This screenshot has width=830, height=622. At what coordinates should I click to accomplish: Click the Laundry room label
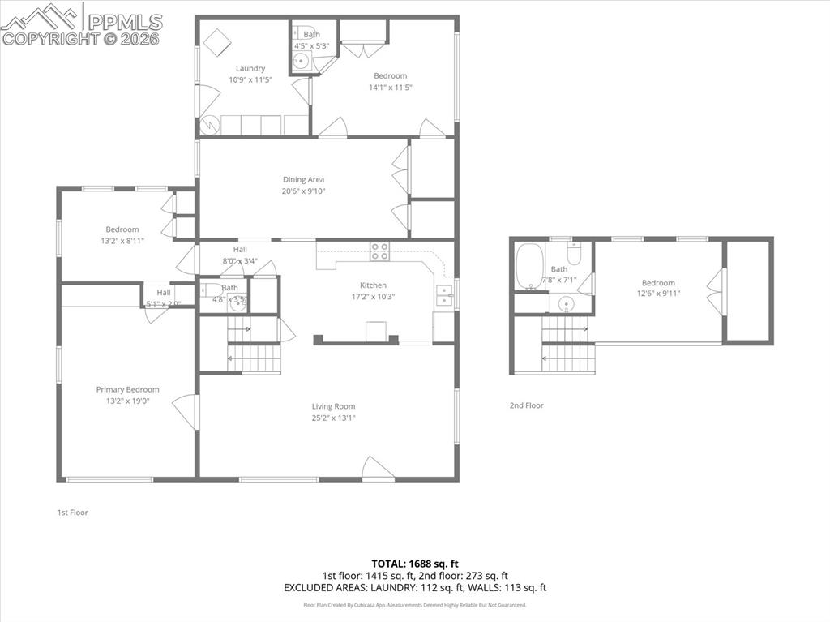[250, 68]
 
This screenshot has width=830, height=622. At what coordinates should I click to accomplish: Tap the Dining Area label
[304, 179]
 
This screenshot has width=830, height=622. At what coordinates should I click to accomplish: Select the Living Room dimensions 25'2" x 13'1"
[334, 418]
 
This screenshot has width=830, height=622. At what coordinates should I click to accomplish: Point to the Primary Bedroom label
[127, 389]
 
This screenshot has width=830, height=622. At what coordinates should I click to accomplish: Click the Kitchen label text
[374, 285]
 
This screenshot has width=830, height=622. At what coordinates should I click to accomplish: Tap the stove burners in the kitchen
[379, 251]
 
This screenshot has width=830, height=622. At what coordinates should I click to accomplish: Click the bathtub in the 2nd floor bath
[528, 265]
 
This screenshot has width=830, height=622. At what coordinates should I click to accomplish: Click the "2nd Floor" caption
[527, 405]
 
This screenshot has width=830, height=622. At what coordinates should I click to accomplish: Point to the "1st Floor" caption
[72, 513]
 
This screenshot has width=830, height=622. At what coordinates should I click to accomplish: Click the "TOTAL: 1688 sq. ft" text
[415, 563]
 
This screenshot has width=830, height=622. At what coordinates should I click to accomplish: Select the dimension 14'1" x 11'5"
[391, 88]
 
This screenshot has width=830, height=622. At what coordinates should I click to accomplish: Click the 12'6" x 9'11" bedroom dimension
[658, 294]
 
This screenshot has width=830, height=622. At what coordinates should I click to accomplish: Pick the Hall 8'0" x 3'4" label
[240, 261]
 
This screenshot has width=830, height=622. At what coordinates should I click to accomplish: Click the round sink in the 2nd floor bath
[567, 305]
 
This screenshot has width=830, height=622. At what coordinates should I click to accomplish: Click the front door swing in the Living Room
[377, 468]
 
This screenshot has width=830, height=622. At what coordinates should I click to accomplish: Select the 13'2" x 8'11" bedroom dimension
[122, 241]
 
